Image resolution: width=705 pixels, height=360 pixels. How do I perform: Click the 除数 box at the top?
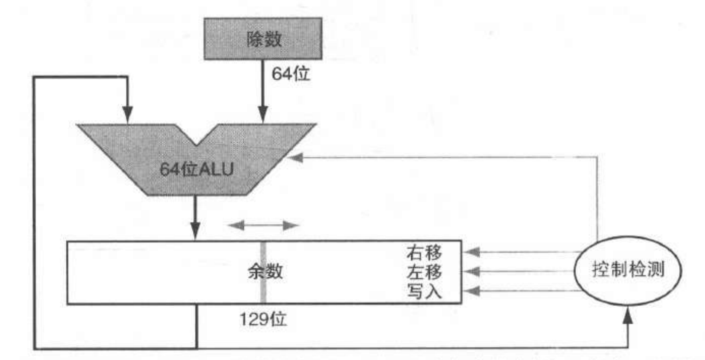[263, 39]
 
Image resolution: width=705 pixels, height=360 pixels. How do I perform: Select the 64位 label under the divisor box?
[290, 74]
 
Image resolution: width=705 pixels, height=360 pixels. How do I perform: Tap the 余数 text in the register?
[265, 271]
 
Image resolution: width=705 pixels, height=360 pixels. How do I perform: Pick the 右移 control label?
[424, 253]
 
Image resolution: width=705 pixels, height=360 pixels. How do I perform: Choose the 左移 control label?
[424, 272]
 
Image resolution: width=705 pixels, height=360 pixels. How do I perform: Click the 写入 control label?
[424, 291]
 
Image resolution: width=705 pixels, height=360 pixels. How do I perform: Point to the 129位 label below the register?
[263, 319]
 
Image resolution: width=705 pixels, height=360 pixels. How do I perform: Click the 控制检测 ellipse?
[627, 270]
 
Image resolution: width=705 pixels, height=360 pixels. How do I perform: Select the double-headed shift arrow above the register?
[263, 226]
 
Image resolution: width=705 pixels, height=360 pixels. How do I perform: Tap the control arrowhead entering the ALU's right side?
[296, 158]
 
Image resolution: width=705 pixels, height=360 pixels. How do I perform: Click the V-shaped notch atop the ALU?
[197, 138]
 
